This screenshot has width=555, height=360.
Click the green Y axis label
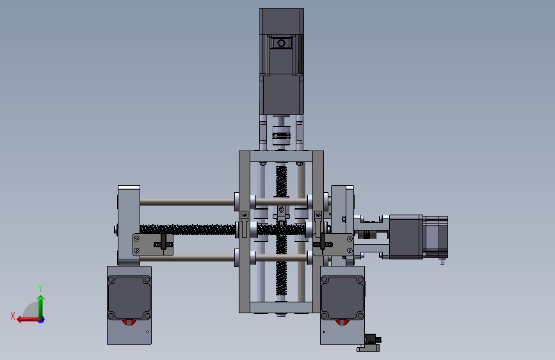(x=40, y=288)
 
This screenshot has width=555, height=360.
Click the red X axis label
(x=13, y=316)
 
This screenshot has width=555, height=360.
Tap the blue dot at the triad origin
(x=42, y=320)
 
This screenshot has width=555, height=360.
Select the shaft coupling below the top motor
(x=281, y=135)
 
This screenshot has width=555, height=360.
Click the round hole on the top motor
(x=282, y=43)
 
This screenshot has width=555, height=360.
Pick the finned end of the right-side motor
(x=436, y=237)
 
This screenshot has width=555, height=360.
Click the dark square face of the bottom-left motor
(x=129, y=298)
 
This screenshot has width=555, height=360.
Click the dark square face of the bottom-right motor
(x=342, y=298)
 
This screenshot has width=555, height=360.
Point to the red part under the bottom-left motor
(x=129, y=322)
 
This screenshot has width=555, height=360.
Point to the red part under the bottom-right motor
(x=342, y=322)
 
